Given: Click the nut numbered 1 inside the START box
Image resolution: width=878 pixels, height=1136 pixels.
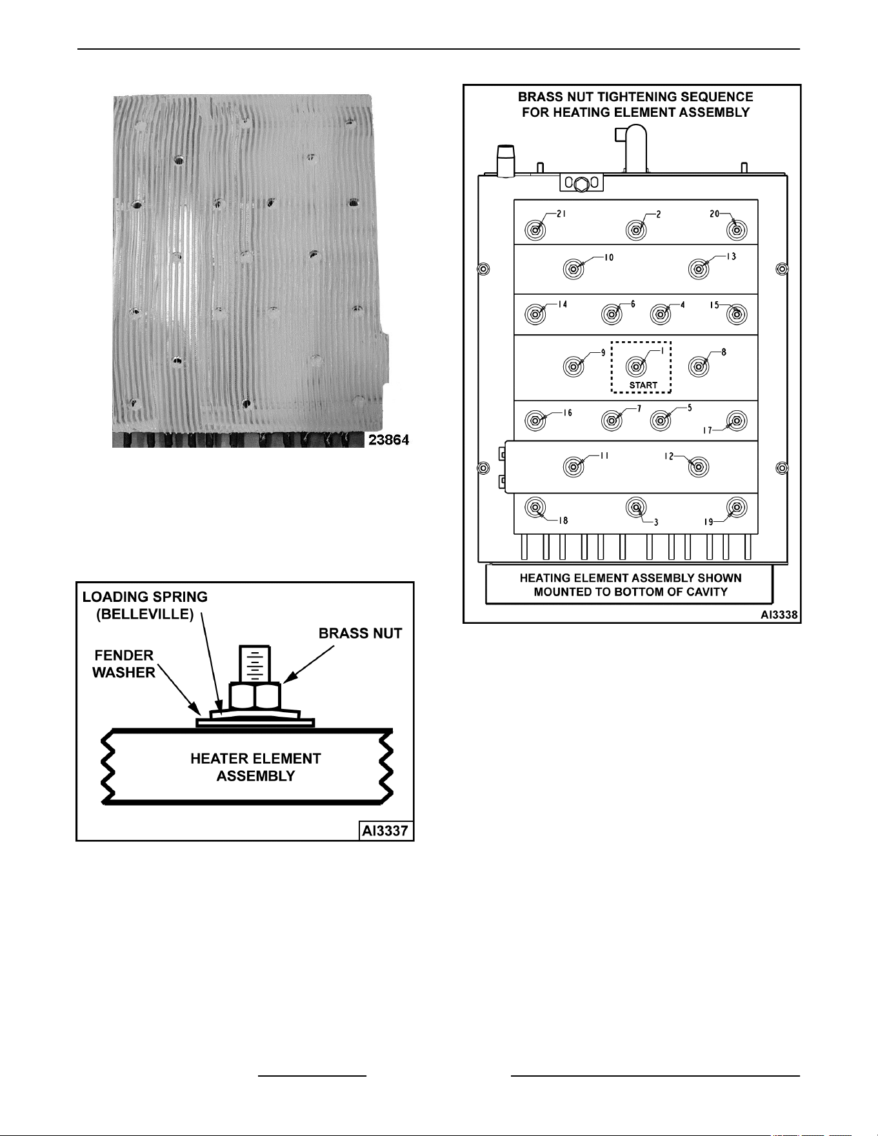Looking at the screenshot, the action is click(636, 366).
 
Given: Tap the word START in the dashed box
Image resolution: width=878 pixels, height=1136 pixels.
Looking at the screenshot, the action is click(643, 385).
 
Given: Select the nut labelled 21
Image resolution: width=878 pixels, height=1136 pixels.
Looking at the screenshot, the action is click(534, 230).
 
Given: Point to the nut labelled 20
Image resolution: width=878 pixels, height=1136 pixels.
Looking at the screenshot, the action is click(736, 230).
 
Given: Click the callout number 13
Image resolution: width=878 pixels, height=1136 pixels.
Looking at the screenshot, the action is click(731, 256).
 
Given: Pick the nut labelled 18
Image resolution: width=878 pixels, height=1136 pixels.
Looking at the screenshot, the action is click(534, 508).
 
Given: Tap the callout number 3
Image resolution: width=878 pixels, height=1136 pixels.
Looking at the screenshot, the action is click(656, 522).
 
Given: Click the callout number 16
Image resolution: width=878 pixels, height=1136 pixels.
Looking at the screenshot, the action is click(567, 413).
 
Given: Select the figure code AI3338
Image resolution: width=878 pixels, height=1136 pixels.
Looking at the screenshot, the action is click(779, 615).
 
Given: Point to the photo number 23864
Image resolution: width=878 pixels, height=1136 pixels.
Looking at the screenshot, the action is click(389, 441).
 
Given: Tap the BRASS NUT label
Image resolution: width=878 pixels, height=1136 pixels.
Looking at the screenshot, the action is click(361, 633).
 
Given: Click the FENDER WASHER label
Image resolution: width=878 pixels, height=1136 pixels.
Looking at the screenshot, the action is click(123, 664).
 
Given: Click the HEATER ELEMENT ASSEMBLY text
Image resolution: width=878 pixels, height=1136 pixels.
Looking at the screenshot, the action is click(255, 767).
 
